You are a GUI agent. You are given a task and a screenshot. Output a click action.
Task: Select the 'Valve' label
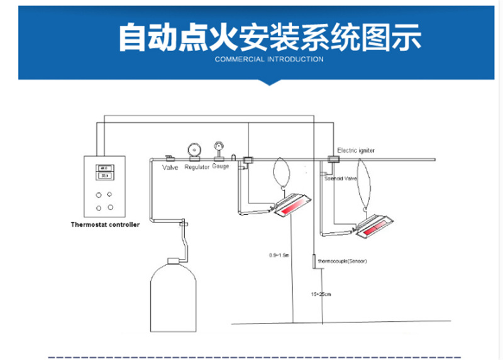click(170, 168)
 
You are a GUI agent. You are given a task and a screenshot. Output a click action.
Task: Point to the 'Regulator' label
click(196, 168)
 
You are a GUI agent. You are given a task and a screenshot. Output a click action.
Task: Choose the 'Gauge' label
click(221, 167)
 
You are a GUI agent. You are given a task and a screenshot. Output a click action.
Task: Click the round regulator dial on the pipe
click(193, 150)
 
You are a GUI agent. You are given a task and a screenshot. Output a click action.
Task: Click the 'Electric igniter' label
click(356, 151)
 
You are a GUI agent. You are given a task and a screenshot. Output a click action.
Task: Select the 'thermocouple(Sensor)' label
click(342, 261)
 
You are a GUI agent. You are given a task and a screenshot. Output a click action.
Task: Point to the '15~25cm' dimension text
click(321, 294)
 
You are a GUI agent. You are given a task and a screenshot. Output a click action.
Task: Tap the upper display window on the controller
click(104, 168)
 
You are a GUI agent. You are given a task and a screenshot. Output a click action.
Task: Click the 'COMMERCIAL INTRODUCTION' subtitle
click(269, 60)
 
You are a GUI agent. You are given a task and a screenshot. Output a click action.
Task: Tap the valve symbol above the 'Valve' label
click(170, 158)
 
